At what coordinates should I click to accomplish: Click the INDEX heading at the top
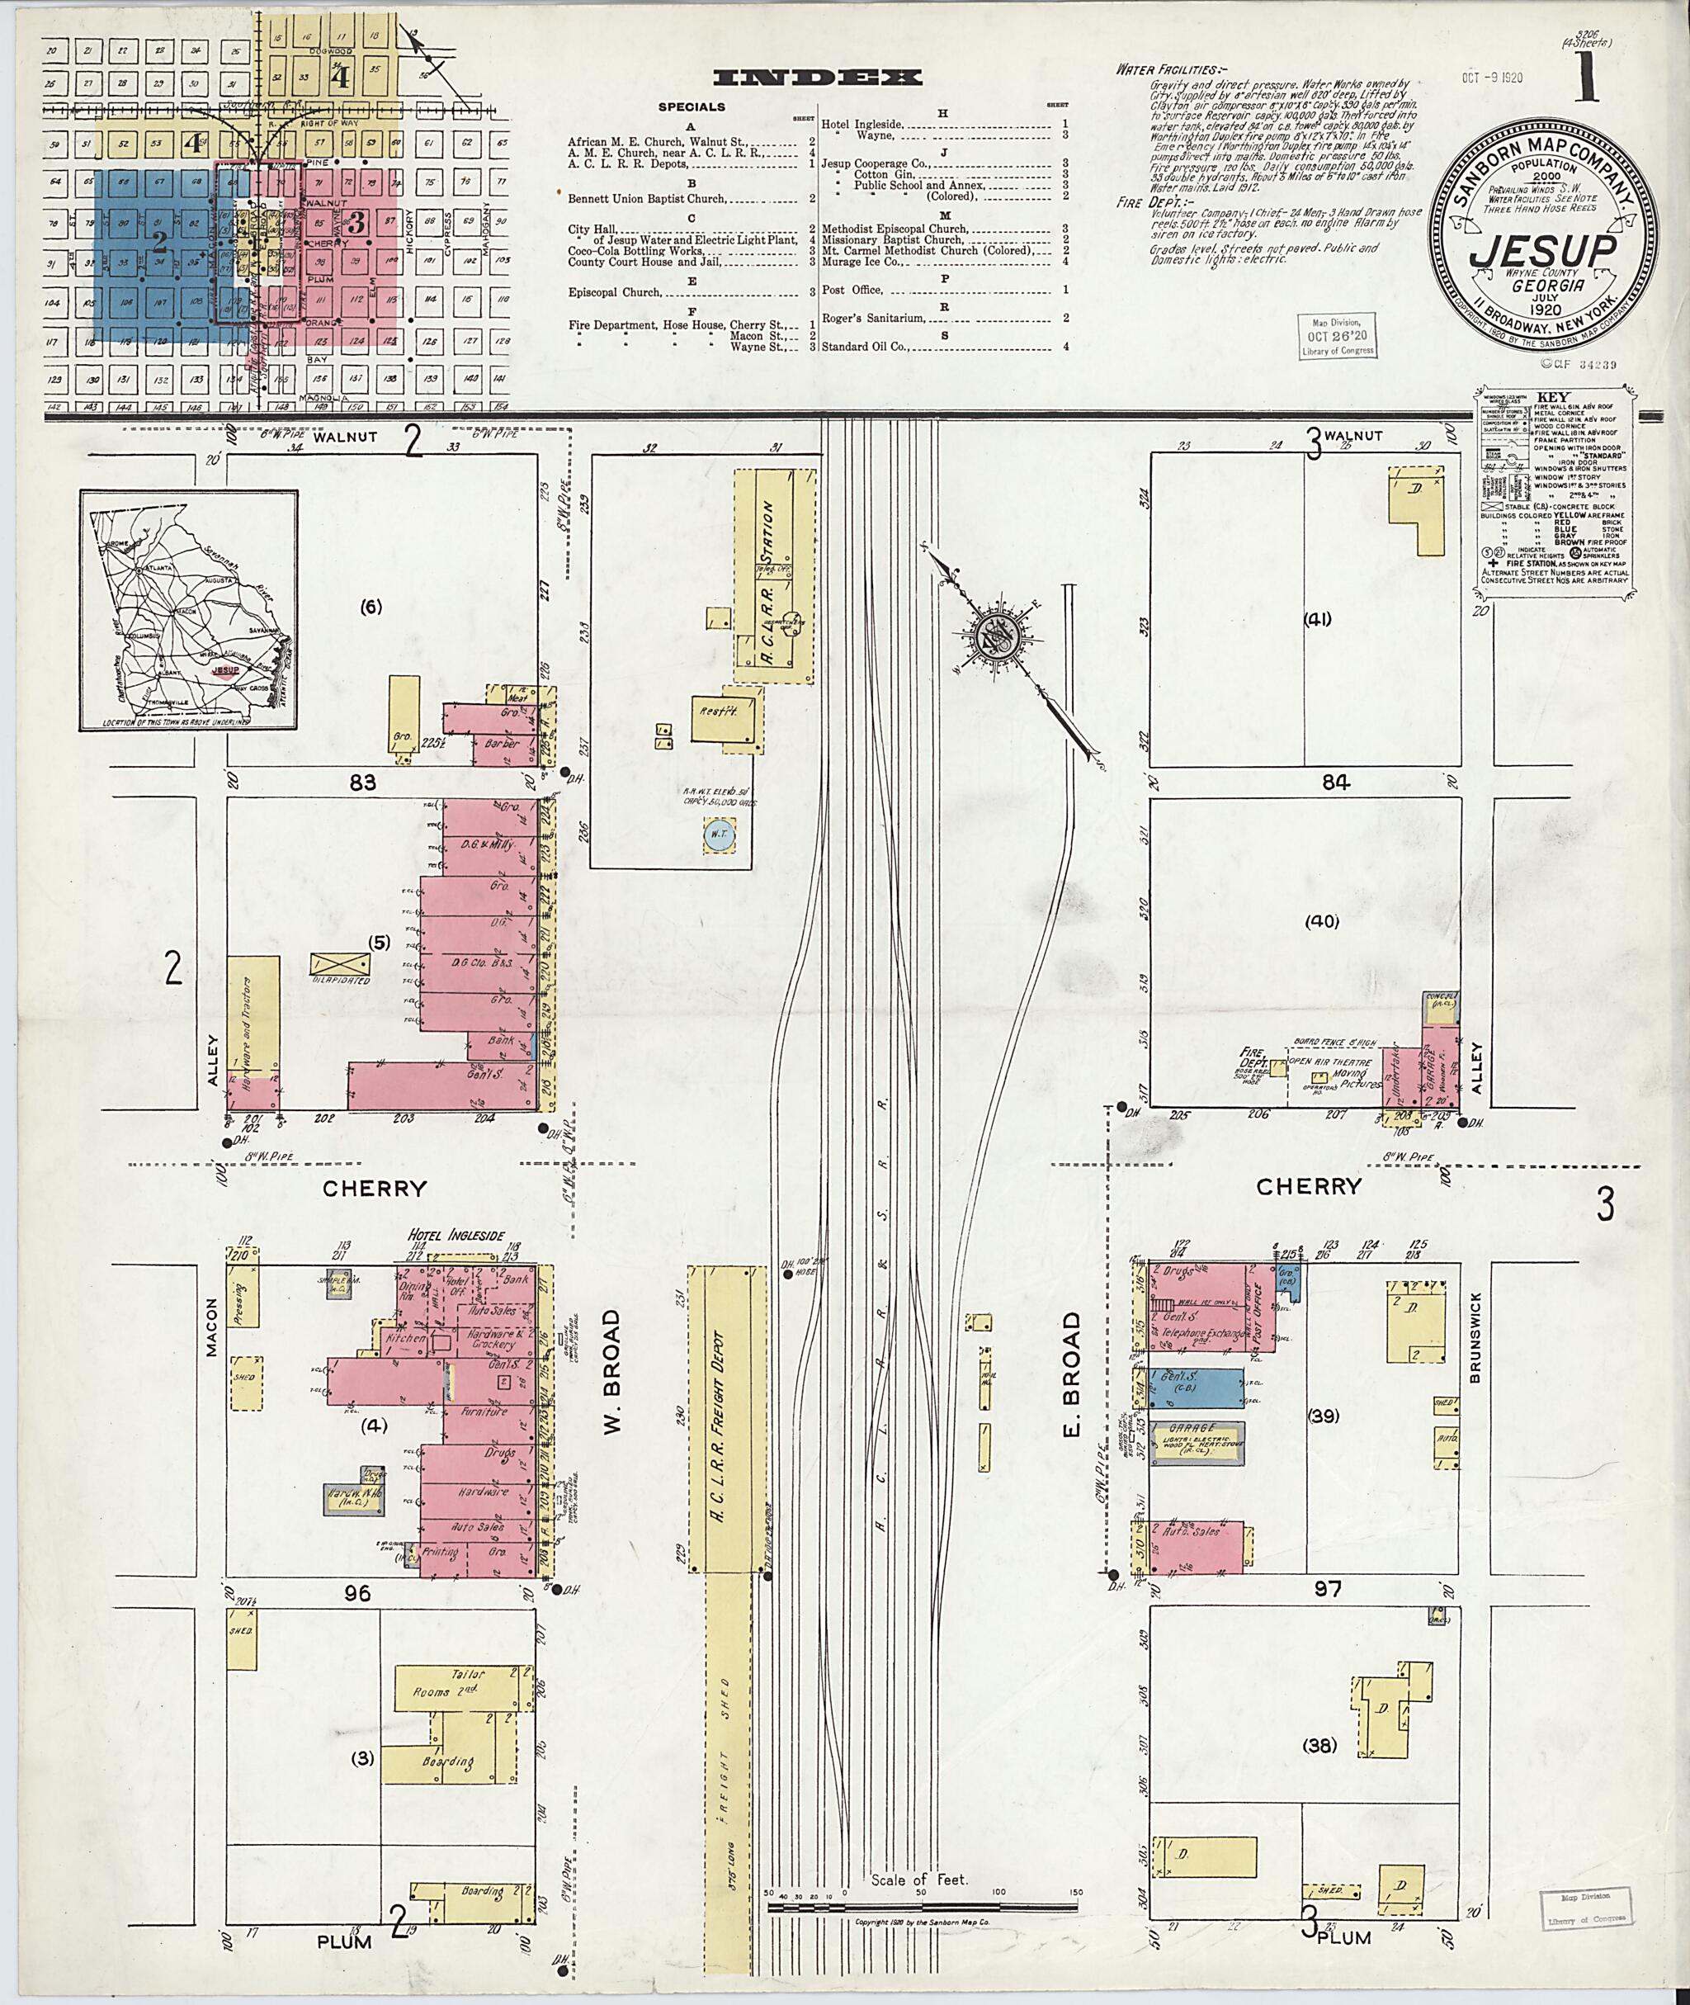[x=818, y=78]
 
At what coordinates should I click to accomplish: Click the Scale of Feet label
[x=920, y=1880]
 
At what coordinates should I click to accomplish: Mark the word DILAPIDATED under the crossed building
[x=341, y=980]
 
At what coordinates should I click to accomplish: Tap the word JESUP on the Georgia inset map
[x=226, y=671]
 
